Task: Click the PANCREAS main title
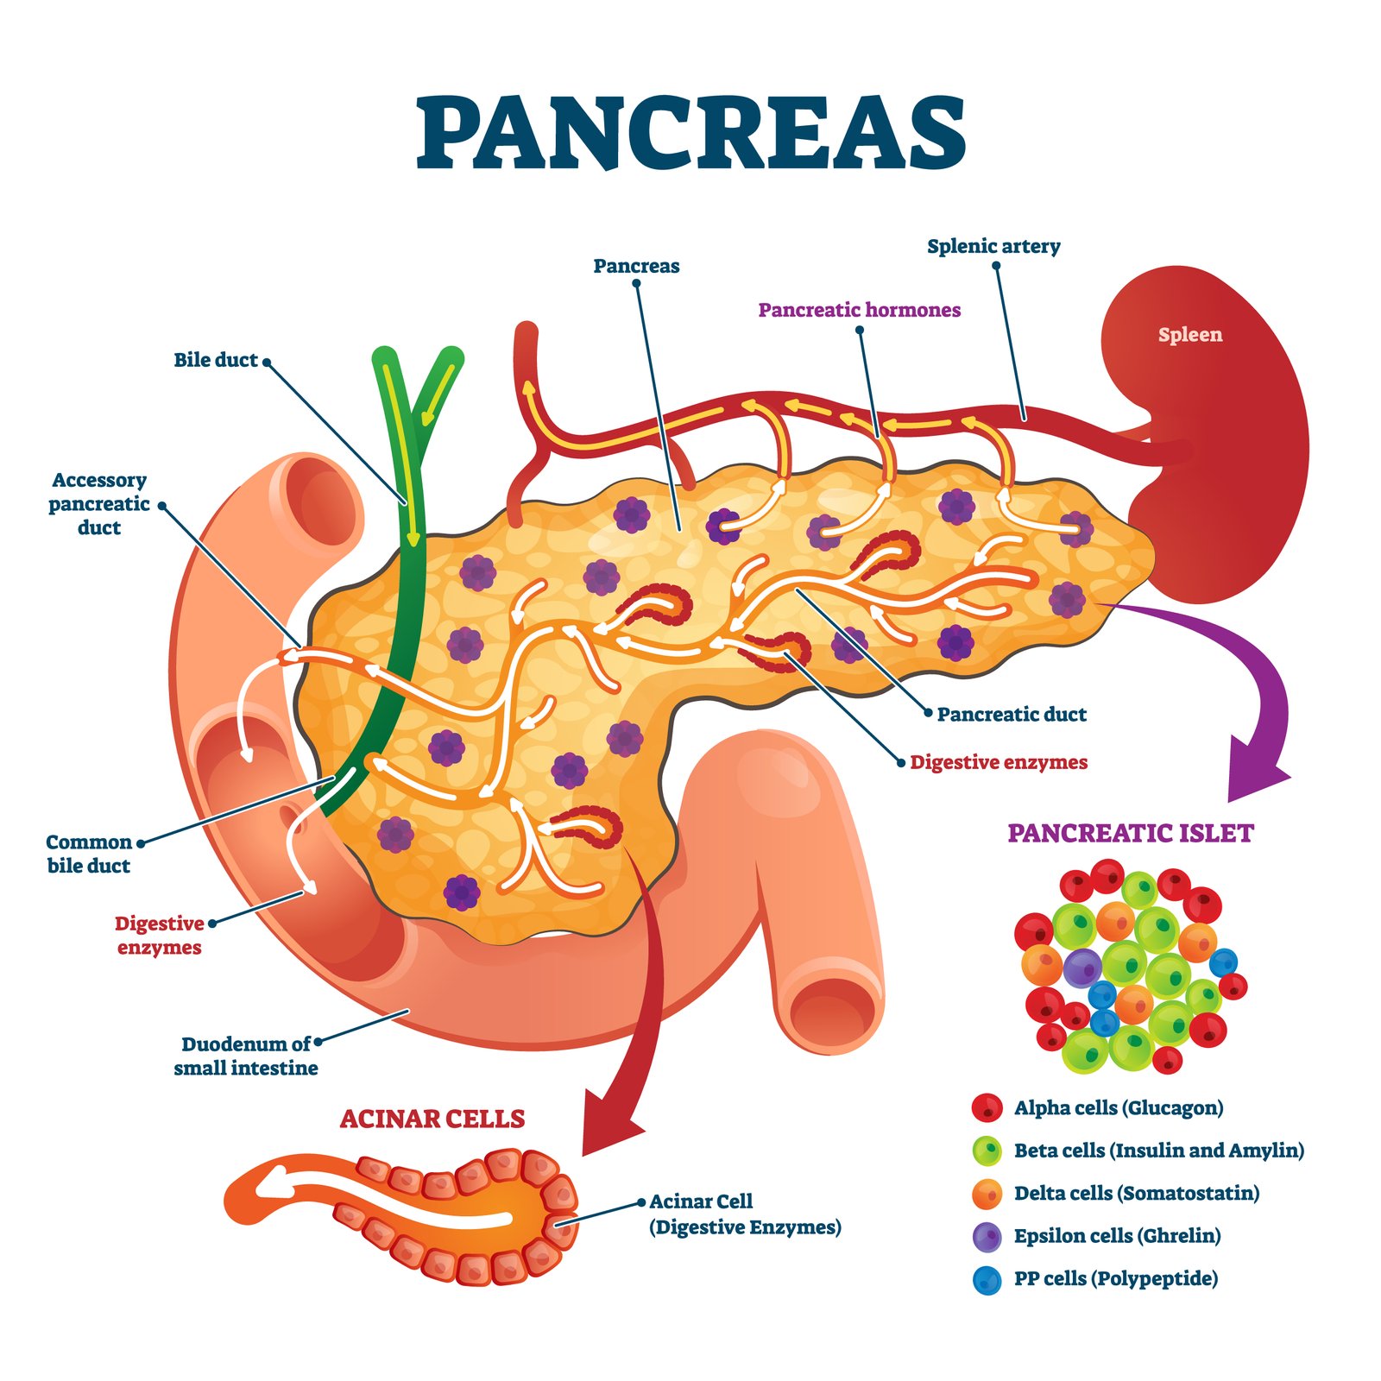click(x=691, y=132)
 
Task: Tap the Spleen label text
click(x=1190, y=335)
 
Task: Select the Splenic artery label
click(x=993, y=246)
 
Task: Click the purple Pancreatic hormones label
click(x=860, y=310)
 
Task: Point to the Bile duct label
click(x=216, y=360)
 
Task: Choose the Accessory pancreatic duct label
click(x=99, y=503)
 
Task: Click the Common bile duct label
click(x=89, y=854)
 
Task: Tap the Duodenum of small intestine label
click(x=246, y=1056)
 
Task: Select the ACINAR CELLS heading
click(x=432, y=1119)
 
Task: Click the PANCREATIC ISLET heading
click(x=1131, y=833)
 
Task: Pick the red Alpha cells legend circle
click(x=987, y=1107)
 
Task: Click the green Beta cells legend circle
click(x=987, y=1151)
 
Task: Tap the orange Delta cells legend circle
click(x=987, y=1194)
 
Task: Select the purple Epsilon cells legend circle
click(x=987, y=1237)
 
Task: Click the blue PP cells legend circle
click(x=987, y=1280)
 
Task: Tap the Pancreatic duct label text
click(x=1012, y=714)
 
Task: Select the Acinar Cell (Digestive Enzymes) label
click(x=745, y=1214)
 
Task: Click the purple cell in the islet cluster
click(x=1082, y=968)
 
